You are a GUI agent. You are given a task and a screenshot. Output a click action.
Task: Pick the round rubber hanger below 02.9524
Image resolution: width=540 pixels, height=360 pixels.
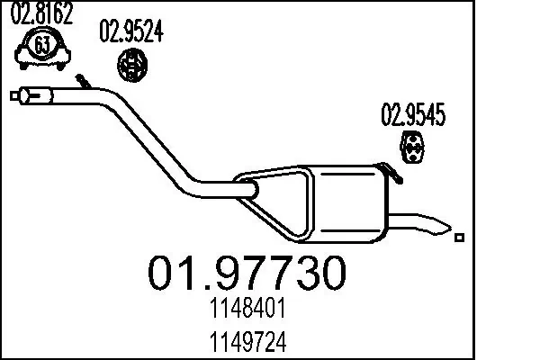[133, 65]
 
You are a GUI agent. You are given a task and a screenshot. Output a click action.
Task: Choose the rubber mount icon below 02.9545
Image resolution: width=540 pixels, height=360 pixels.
[413, 149]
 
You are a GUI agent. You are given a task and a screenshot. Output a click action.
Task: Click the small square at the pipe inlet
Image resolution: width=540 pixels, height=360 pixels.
[13, 94]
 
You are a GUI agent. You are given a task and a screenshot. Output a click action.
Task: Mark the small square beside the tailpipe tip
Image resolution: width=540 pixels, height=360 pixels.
[460, 238]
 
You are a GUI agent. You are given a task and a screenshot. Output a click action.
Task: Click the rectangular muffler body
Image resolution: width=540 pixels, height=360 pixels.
[346, 202]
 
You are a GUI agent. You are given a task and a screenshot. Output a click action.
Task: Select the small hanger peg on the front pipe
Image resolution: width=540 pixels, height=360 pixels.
[82, 83]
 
